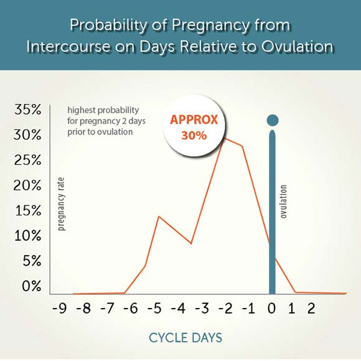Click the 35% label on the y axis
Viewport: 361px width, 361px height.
tap(28, 110)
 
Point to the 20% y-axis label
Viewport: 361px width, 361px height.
tap(27, 185)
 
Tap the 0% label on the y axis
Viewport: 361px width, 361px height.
tap(32, 286)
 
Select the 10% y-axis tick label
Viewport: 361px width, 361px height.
tap(28, 236)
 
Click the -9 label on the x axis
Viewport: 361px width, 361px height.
tap(60, 308)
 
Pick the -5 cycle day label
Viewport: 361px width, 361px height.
tap(154, 308)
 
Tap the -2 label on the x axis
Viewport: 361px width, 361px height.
tap(225, 308)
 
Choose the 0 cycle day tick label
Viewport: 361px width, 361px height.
tap(271, 308)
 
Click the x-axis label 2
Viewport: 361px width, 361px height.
tap(311, 308)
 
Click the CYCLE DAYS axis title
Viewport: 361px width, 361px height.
tap(185, 338)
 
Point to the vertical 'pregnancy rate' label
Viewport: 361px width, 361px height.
tap(61, 204)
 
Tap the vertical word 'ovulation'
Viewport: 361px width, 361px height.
tap(283, 202)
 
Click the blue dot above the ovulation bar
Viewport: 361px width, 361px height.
tap(273, 120)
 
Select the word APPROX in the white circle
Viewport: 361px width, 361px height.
tap(194, 120)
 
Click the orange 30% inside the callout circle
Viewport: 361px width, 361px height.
tap(194, 136)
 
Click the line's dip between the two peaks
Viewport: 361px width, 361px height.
tap(191, 243)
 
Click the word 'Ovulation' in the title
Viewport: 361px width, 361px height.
tap(298, 46)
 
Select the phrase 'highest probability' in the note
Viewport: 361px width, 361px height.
tap(103, 110)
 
